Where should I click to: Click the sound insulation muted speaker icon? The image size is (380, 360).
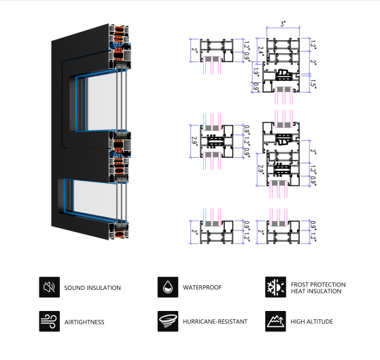[49, 287]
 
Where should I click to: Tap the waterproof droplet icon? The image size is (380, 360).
[168, 287]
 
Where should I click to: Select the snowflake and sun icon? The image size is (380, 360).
[275, 287]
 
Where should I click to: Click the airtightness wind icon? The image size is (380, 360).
[49, 321]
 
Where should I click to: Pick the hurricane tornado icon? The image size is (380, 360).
[168, 321]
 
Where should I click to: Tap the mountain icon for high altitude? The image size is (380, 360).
[275, 321]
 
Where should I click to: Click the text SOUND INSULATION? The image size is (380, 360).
[92, 288]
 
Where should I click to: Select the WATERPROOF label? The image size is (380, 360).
[202, 287]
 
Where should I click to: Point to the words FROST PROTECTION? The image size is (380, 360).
[318, 284]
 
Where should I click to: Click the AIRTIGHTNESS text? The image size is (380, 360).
[84, 322]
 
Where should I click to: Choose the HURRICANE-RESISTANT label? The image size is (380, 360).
[215, 322]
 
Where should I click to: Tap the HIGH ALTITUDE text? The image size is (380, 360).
[311, 322]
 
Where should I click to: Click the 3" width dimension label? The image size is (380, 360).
[283, 24]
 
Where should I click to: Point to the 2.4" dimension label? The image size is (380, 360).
[260, 51]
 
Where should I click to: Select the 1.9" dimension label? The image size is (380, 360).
[256, 72]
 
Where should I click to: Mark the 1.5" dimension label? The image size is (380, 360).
[313, 84]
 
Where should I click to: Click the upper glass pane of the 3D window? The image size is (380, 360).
[102, 101]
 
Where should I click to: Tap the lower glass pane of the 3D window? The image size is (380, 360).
[95, 199]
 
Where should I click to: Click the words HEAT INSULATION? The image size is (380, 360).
[316, 291]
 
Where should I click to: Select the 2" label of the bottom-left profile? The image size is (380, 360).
[194, 231]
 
